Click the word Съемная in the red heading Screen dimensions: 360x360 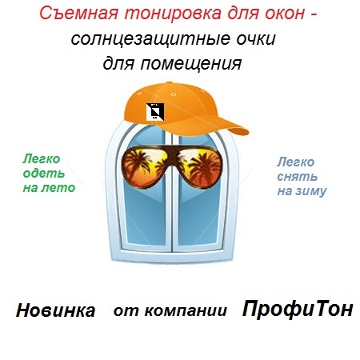point(79,14)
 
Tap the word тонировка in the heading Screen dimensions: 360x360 point(173,14)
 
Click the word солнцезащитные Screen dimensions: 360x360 point(150,39)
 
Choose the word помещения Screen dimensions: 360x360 point(191,64)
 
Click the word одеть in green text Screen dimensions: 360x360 point(44,174)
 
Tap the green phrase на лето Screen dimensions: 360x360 point(49,188)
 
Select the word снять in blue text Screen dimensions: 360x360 point(298,177)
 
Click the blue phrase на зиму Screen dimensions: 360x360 point(302,191)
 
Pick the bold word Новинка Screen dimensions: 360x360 point(55,310)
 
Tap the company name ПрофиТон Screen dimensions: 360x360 point(298,309)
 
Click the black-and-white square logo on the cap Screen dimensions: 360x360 point(155,112)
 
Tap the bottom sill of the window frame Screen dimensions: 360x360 point(171,257)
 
